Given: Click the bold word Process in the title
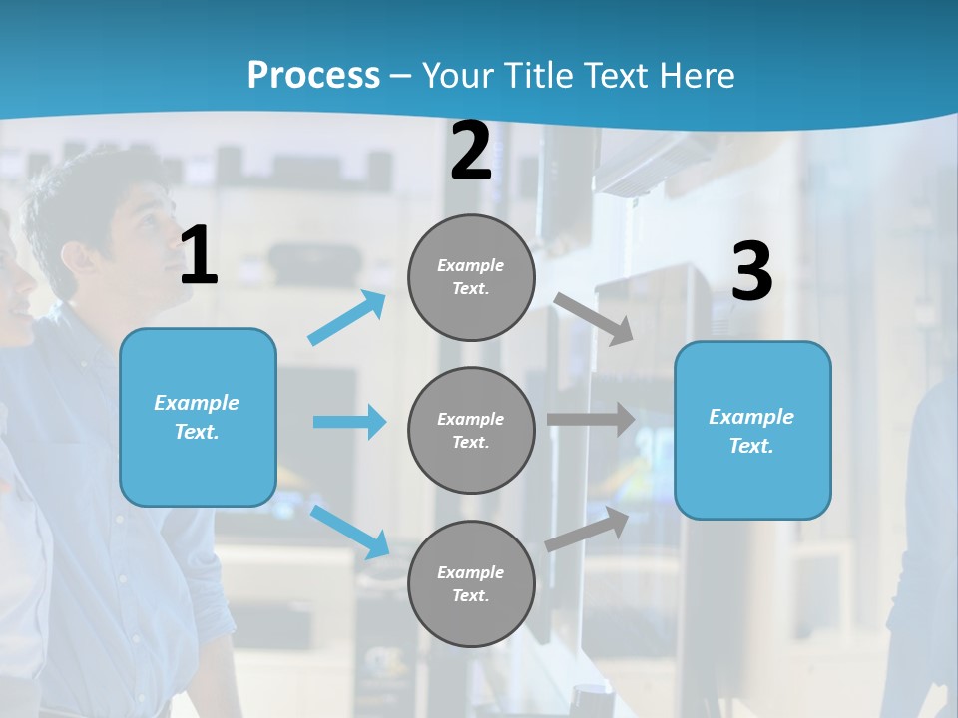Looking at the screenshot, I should pyautogui.click(x=313, y=76).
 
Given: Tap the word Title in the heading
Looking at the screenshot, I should pyautogui.click(x=539, y=76).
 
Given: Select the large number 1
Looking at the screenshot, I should pyautogui.click(x=199, y=256).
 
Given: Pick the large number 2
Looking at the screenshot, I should pyautogui.click(x=471, y=151).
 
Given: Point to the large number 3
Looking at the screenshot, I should pyautogui.click(x=751, y=271).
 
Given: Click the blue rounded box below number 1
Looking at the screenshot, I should pyautogui.click(x=198, y=417).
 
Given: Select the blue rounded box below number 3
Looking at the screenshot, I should pyautogui.click(x=752, y=431).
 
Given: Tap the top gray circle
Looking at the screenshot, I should pyautogui.click(x=471, y=277).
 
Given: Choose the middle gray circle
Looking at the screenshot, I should pyautogui.click(x=471, y=431).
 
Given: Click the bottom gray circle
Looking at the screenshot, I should pyautogui.click(x=471, y=584).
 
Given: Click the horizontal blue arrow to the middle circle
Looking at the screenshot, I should pyautogui.click(x=349, y=422).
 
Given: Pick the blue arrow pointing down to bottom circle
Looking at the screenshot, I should pyautogui.click(x=350, y=532).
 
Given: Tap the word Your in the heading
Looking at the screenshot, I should pyautogui.click(x=458, y=76).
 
